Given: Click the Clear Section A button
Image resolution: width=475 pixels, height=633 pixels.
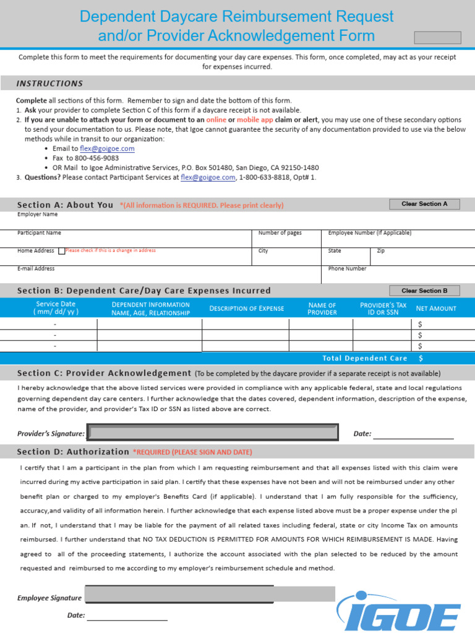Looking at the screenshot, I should click(424, 204).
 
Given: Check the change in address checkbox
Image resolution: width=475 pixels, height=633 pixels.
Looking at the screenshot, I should click(61, 251).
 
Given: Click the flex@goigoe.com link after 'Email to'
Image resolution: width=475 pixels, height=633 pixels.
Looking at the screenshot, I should click(107, 149).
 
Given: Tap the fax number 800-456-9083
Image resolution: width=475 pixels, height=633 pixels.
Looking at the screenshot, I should click(93, 158).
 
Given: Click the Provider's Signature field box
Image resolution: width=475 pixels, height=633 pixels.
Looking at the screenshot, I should click(213, 433).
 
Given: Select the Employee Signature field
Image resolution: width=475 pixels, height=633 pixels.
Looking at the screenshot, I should click(210, 595).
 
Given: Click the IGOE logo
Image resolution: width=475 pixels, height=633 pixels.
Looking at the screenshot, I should click(403, 608).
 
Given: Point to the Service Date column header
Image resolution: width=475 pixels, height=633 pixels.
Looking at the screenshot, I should click(56, 308).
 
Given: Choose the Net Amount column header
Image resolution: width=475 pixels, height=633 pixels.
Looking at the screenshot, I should click(436, 308).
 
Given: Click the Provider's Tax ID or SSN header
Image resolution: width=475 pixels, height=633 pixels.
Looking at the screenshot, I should click(383, 308).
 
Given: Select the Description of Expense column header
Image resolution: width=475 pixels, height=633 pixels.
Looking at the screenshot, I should click(246, 308).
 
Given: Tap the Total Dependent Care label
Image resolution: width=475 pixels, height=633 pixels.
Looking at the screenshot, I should click(365, 359).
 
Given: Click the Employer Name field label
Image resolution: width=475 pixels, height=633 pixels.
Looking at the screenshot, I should click(37, 215).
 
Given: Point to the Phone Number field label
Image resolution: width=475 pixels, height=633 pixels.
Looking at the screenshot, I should click(347, 269).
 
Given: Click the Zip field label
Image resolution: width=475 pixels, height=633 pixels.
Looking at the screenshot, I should click(380, 251).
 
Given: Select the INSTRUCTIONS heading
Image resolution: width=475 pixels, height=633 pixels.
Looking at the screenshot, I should click(49, 83).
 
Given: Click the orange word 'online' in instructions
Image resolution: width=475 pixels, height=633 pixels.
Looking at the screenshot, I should click(216, 119).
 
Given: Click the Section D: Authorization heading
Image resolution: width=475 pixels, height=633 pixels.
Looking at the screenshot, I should click(73, 452).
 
